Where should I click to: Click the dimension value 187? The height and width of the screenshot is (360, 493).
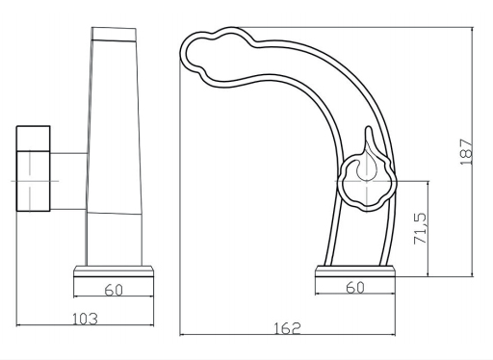click(x=466, y=151)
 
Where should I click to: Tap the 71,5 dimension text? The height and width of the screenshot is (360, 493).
click(x=420, y=228)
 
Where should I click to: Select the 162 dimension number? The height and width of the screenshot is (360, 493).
click(x=287, y=328)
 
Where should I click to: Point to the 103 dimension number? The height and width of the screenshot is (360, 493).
click(x=85, y=319)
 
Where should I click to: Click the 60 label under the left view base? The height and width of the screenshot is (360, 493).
click(x=114, y=290)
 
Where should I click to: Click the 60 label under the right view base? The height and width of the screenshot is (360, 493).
click(x=355, y=288)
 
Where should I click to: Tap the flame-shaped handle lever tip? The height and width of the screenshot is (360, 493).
click(x=369, y=127)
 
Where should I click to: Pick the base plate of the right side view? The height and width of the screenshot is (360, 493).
click(x=355, y=271)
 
